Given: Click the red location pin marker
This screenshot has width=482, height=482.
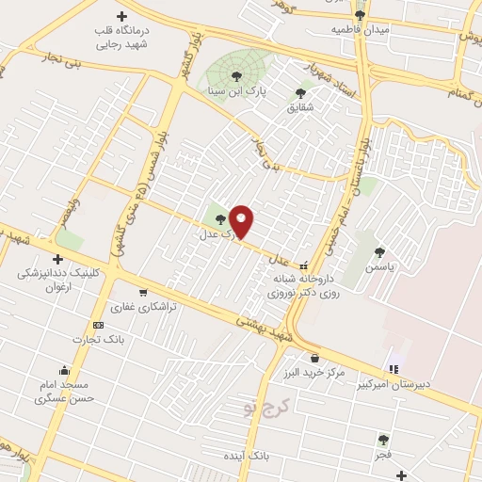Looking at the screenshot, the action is coord(242,221).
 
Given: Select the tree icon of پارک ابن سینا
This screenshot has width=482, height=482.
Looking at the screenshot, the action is coord(236,76).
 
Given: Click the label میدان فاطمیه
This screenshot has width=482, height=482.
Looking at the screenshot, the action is coord(359,30).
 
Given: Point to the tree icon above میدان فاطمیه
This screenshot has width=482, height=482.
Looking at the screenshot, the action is coord(359,15).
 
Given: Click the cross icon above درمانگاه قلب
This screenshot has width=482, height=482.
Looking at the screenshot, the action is coord(122,16).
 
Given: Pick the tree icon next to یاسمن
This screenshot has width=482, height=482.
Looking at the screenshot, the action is coord(379,251).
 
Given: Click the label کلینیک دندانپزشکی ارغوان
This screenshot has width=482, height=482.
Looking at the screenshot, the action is coord(57,281).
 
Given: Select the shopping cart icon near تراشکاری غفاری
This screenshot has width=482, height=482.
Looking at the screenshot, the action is coord(142,292).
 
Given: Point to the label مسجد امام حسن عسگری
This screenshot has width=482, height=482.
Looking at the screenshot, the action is coord(61,393).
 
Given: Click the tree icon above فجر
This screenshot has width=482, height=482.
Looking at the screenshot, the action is coord(382,439).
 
